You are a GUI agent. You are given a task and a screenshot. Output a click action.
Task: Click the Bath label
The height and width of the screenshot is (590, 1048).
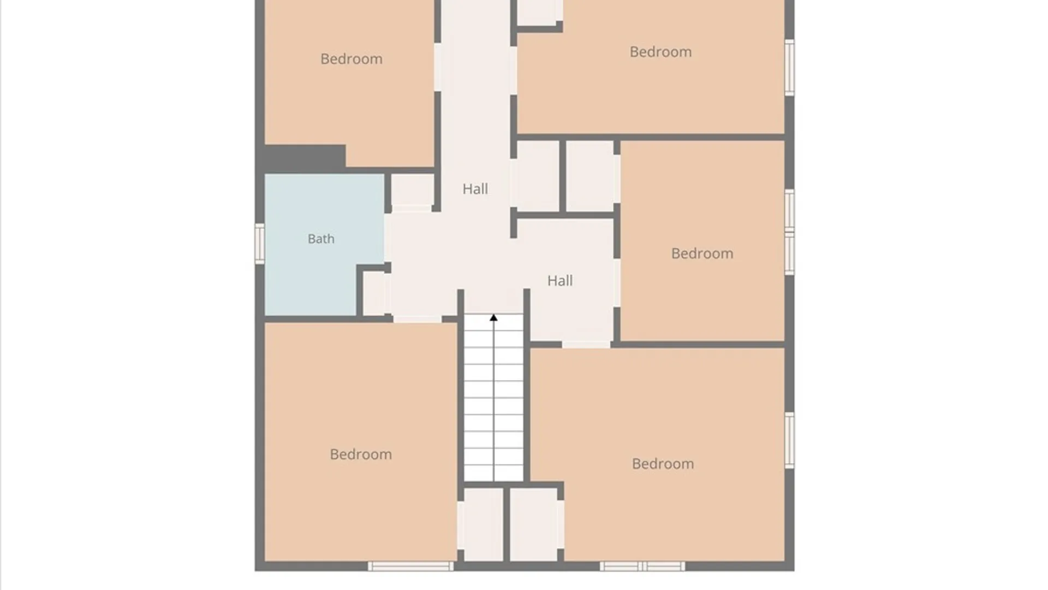[321, 239]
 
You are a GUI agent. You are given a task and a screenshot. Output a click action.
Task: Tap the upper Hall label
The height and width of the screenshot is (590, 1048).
[475, 189]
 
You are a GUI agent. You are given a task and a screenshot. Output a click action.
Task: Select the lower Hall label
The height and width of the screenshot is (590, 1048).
[560, 281]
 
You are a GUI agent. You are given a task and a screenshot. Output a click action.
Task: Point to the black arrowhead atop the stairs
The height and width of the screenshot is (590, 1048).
[493, 317]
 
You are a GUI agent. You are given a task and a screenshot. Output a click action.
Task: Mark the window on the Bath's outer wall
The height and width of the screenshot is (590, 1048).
[260, 244]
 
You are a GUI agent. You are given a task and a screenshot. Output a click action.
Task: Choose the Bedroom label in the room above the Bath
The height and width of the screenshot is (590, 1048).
[352, 59]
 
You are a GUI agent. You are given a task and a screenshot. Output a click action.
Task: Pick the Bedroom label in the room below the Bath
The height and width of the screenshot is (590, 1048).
[361, 455]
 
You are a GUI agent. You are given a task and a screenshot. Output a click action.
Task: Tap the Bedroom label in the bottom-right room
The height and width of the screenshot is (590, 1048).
[663, 464]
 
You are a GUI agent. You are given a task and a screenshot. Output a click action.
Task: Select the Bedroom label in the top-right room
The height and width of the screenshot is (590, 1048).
[660, 52]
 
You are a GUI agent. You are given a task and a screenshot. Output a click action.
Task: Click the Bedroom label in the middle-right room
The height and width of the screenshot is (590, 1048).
[702, 253]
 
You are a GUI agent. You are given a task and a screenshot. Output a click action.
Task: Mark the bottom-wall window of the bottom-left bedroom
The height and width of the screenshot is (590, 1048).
[410, 567]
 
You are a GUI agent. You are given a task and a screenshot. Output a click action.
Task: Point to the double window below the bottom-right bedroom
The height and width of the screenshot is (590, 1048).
[642, 567]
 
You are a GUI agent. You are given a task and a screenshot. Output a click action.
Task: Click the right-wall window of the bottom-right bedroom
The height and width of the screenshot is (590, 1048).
[789, 440]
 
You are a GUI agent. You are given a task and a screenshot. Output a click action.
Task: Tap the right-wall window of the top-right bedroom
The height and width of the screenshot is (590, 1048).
[789, 67]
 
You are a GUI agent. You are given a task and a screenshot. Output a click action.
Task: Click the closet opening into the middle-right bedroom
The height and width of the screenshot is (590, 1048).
[589, 176]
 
